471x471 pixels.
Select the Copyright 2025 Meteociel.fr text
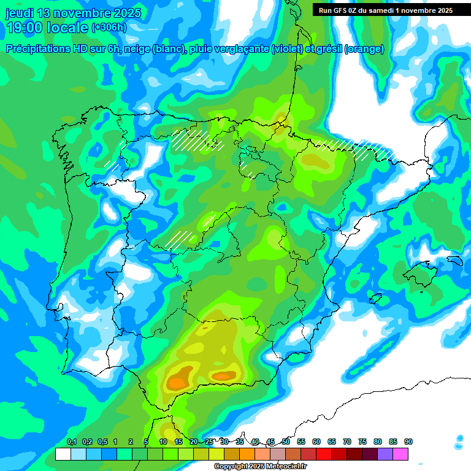click(x=260, y=467)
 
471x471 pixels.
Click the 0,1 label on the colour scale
click(x=71, y=442)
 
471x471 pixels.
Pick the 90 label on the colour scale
click(x=408, y=442)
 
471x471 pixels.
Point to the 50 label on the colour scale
click(x=286, y=442)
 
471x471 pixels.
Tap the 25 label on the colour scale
click(x=209, y=442)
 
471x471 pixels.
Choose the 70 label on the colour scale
click(x=347, y=442)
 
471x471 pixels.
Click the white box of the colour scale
click(x=63, y=454)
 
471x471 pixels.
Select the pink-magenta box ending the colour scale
click(x=400, y=454)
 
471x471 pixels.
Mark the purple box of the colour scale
click(x=385, y=454)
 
